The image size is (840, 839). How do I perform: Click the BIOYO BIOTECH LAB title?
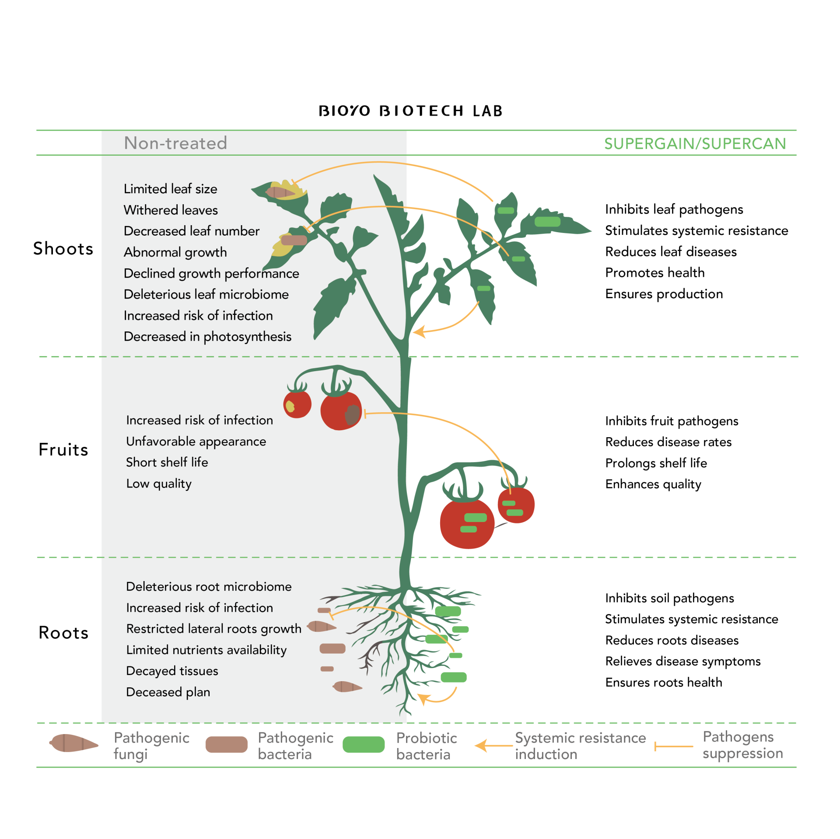tap(410, 111)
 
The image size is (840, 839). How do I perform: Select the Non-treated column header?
tap(175, 143)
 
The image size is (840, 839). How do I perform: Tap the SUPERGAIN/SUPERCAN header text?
tap(695, 143)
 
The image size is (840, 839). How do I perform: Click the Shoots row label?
tap(63, 248)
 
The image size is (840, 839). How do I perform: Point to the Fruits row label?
tap(63, 449)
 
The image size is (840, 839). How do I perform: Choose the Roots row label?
tap(63, 633)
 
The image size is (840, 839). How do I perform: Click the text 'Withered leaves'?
tap(171, 210)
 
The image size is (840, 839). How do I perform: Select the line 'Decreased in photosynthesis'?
tap(207, 336)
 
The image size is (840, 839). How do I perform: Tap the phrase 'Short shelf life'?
tap(167, 462)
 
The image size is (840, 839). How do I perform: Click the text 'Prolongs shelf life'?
tap(656, 463)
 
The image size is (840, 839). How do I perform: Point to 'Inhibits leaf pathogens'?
tap(674, 209)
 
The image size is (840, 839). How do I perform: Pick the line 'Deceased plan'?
tap(168, 692)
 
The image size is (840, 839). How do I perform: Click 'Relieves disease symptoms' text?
tap(682, 661)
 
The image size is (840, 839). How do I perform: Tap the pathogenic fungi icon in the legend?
tap(73, 743)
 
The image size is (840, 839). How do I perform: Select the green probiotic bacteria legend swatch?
tap(363, 745)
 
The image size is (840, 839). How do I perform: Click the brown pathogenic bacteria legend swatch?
tap(226, 745)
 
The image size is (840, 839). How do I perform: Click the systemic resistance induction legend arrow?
tap(493, 745)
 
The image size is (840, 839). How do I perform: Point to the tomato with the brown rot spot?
tap(341, 411)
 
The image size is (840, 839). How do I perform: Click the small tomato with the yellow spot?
tap(297, 404)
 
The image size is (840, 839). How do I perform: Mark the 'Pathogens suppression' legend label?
tap(742, 745)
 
